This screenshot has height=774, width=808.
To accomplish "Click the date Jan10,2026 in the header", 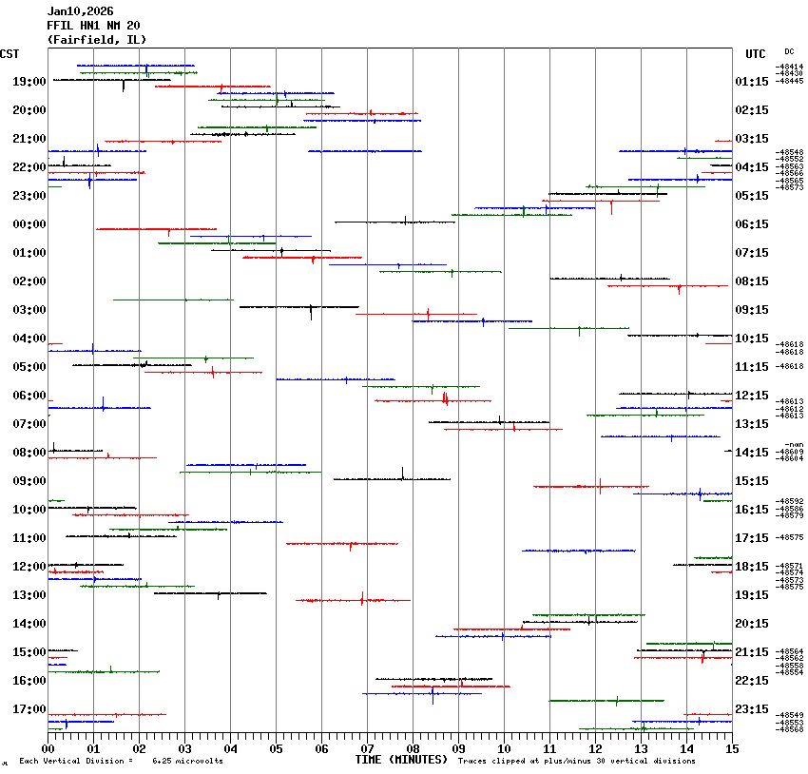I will pos(80,11).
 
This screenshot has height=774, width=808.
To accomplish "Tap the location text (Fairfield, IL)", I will pos(96,40).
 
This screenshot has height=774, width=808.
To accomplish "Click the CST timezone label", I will pos(10,54).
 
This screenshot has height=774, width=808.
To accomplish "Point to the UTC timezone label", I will pos(756,54).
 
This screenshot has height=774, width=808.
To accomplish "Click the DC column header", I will pos(789,51).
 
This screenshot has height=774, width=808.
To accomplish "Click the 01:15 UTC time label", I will pos(760,82).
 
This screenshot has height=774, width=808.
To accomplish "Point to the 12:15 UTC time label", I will pos(760,396).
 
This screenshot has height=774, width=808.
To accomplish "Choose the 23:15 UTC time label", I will pos(760,709).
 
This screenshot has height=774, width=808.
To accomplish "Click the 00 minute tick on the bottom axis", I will pos(48,748).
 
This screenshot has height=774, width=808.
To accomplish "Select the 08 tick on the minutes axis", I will pos(413,748).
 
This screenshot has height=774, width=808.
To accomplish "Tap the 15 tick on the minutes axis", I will pos(732,748).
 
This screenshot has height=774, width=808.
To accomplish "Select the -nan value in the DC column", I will pos(793,445).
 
